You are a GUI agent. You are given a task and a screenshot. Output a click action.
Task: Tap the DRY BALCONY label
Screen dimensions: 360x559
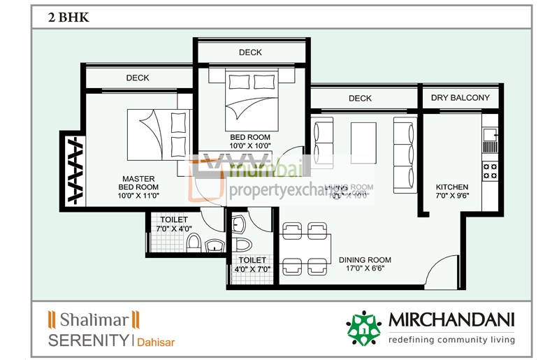pos(460,97)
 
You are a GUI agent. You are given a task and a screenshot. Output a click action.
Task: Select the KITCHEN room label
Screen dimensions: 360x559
pos(451,192)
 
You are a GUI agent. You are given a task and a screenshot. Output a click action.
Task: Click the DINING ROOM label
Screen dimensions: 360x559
pos(362,264)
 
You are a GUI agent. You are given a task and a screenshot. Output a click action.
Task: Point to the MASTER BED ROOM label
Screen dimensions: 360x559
pos(138,187)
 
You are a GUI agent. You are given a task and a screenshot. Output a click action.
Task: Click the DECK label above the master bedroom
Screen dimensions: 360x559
pos(138,78)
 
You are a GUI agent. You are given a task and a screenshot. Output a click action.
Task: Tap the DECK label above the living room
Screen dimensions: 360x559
pos(360,99)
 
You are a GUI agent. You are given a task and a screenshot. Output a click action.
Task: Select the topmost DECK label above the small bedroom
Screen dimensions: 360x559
pos(250,52)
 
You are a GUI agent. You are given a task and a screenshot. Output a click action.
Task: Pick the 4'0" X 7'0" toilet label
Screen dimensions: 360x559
pos(252,264)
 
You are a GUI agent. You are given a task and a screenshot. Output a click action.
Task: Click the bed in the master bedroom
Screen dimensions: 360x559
pos(158,133)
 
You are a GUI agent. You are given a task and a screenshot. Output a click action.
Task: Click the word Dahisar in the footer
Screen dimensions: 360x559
pos(156,343)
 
